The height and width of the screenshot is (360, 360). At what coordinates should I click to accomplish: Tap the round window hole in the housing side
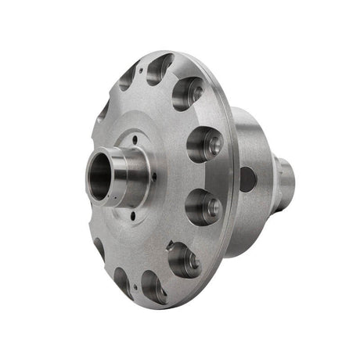(x=247, y=179)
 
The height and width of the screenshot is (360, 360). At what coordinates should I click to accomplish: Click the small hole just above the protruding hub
(x=135, y=141)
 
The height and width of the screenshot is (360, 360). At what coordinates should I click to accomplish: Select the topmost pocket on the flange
(x=160, y=69)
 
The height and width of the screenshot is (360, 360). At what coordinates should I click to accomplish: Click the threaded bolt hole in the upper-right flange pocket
(x=193, y=92)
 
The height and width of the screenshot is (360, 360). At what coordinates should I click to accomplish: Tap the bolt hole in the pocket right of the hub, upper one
(x=208, y=144)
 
